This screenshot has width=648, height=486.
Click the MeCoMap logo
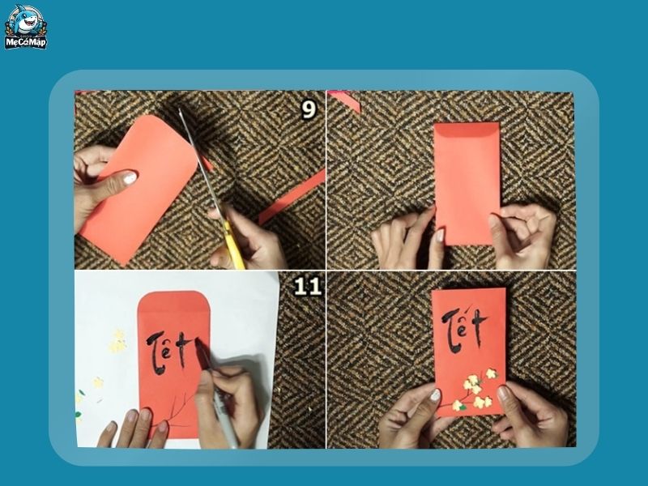26,27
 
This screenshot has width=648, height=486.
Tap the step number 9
309,109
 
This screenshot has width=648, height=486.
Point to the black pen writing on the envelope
212,389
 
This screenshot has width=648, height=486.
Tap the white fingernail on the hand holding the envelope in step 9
130,177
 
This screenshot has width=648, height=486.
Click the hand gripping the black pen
231,401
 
